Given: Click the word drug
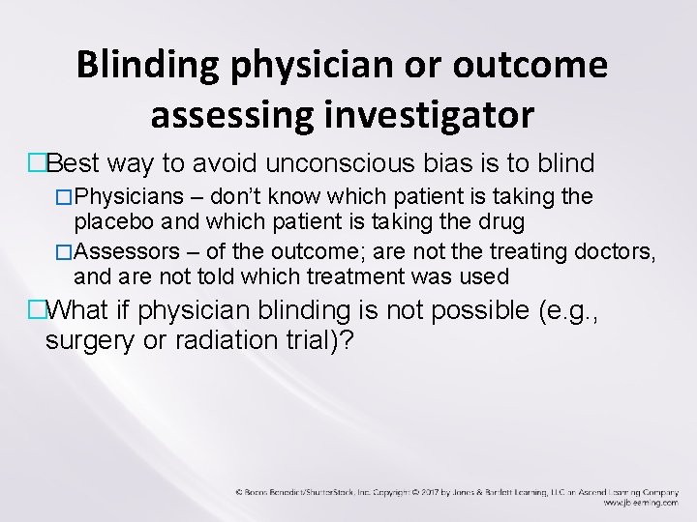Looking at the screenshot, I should (501, 221).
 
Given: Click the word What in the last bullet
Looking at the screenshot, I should (72, 311).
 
